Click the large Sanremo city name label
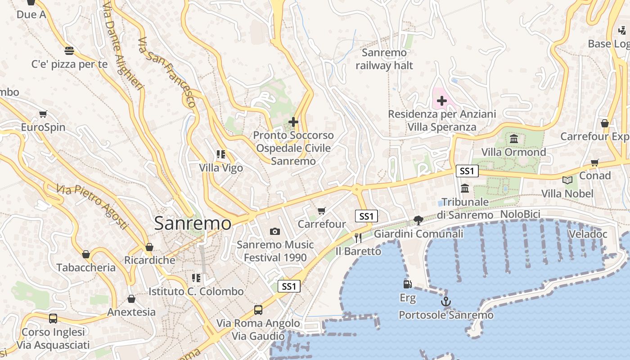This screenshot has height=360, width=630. tap(193, 223)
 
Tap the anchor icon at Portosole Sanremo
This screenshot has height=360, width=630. tap(445, 301)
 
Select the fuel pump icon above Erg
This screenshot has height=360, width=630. tap(407, 284)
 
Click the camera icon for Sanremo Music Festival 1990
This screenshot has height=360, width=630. tap(274, 231)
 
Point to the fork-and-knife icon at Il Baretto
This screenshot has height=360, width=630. tap(358, 238)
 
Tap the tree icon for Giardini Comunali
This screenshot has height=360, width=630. tap(418, 220)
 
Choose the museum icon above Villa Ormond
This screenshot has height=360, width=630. tap(514, 139)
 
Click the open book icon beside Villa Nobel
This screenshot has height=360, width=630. tap(568, 180)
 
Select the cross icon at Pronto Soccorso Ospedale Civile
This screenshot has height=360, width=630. tap(293, 121)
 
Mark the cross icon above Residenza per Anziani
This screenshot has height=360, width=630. tap(442, 101)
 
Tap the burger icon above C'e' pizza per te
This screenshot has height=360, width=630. tap(69, 50)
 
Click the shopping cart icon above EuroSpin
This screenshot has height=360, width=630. tap(43, 114)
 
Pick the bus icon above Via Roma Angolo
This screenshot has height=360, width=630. tap(258, 310)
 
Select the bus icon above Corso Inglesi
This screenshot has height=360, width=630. tap(53, 319)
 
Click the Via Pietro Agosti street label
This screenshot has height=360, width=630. tap(92, 206)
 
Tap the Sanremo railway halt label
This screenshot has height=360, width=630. tap(384, 59)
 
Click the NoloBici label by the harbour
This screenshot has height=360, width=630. tap(520, 214)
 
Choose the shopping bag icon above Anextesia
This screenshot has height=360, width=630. tap(131, 299)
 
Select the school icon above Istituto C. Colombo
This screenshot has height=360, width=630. tap(196, 278)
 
